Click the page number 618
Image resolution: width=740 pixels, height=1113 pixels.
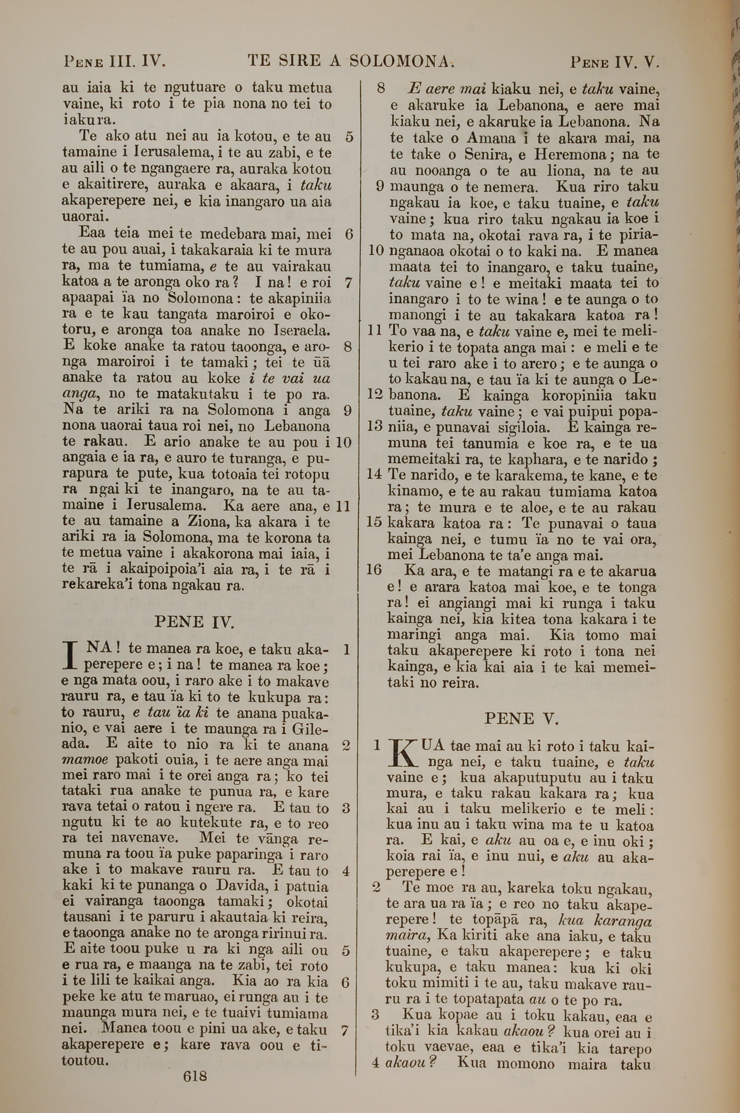(x=195, y=1086)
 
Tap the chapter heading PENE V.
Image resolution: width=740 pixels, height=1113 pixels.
(x=521, y=719)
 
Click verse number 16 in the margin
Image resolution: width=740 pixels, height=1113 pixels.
(x=374, y=570)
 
